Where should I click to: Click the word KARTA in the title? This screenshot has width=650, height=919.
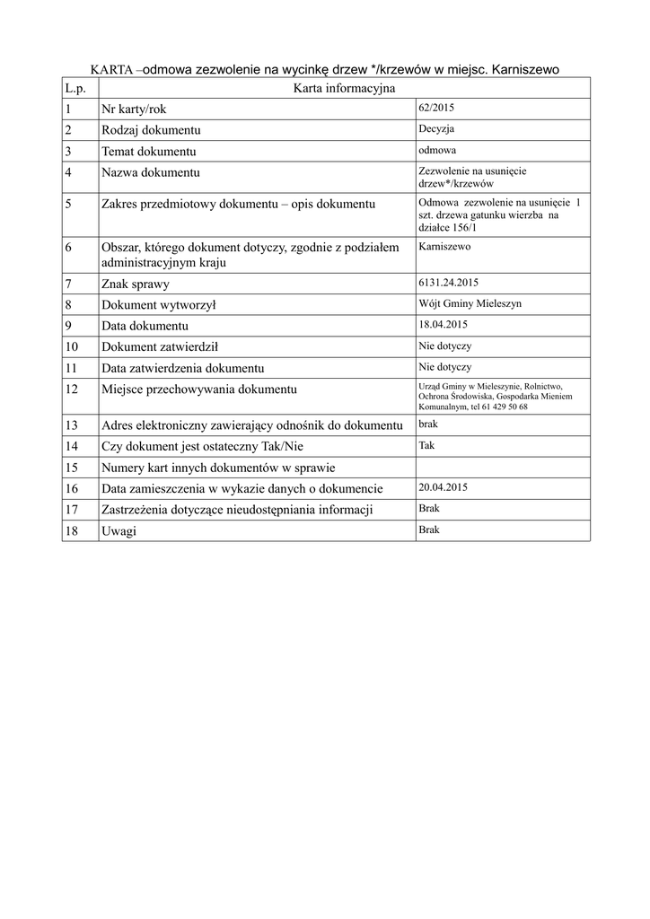point(112,69)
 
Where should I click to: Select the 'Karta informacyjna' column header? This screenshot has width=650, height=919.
point(344,88)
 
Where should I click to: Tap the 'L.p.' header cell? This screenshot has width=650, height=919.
point(75,88)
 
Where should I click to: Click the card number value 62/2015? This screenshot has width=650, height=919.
point(437,108)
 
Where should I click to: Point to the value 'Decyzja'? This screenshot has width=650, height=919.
point(436,128)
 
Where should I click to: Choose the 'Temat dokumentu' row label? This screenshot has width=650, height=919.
point(148,151)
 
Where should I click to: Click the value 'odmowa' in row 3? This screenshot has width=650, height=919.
point(437,150)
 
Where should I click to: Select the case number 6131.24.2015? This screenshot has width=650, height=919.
point(449,283)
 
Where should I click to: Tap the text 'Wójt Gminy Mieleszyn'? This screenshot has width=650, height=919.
point(470,303)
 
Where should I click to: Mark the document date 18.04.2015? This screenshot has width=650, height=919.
point(444,324)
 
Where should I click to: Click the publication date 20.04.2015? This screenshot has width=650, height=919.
point(444,487)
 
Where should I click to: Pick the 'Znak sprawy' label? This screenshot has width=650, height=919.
point(136,284)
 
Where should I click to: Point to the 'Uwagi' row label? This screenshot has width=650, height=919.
point(119,531)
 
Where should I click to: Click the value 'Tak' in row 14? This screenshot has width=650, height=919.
point(426,444)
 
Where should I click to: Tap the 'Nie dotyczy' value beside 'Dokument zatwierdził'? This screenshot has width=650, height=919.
point(444,346)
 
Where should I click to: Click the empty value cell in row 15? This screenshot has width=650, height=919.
point(503,467)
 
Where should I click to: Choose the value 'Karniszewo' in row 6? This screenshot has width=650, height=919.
point(444,246)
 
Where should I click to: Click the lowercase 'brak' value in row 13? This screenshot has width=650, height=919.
point(428,424)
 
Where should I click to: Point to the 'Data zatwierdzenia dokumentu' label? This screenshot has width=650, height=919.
point(182,368)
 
